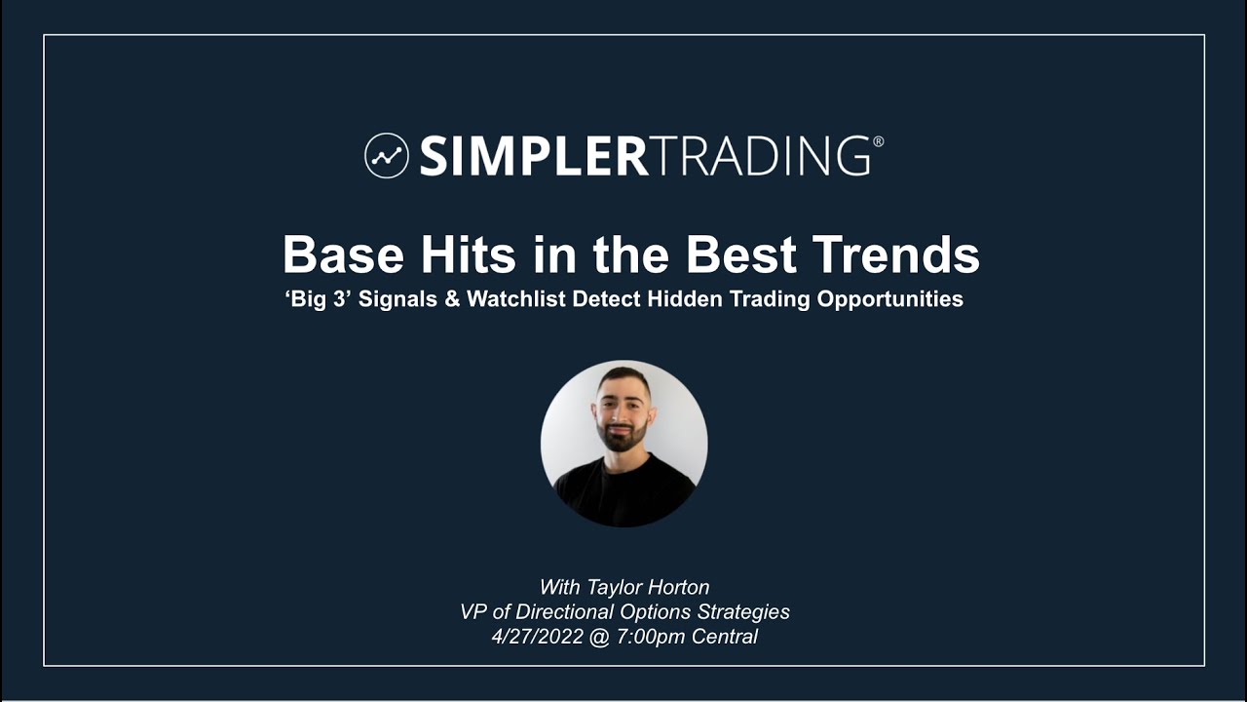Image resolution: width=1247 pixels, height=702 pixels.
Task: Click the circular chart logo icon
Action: pos(386,155)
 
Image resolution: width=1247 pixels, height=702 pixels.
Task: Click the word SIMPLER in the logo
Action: pos(533,156)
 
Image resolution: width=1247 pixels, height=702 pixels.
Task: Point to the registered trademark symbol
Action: pos(879,141)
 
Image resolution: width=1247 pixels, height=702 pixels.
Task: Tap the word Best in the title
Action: pos(744,255)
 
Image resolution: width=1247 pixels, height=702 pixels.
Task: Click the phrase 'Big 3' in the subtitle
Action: pos(318,299)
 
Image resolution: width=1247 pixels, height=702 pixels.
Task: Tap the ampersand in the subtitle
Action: pos(452,299)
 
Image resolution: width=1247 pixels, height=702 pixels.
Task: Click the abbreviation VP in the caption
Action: pos(473,612)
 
